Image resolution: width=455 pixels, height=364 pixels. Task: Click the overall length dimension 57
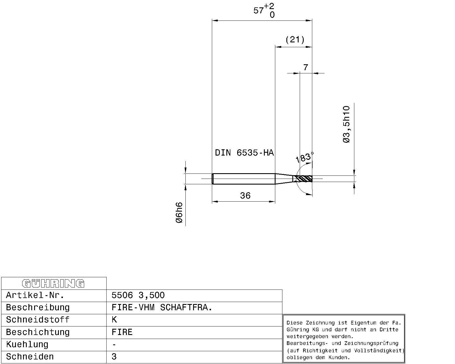click(258, 10)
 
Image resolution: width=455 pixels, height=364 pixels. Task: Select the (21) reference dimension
click(295, 40)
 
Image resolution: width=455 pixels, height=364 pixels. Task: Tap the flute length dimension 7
click(305, 67)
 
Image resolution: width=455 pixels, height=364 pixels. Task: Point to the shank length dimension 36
click(245, 196)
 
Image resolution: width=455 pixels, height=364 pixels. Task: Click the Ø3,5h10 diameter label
click(346, 124)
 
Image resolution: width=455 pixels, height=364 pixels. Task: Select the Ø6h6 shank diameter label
click(179, 212)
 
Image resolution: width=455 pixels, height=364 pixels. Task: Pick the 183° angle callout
click(304, 157)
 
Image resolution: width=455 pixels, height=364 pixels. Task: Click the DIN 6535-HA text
click(244, 153)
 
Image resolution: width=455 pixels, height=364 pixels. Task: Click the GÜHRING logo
click(53, 284)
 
